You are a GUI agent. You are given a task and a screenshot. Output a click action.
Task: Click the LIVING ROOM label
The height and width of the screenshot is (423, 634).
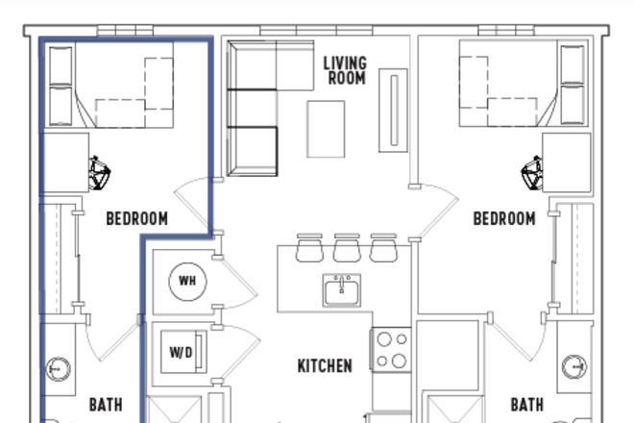[x=344, y=70]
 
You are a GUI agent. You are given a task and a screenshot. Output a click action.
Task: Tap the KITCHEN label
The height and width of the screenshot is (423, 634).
[x=324, y=366]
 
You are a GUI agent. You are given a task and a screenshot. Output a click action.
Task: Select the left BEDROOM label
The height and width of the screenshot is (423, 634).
[x=136, y=219]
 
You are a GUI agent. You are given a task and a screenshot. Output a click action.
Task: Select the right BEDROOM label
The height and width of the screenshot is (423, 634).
[x=503, y=219]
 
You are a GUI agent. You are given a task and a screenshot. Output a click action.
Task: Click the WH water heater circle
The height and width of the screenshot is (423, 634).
[x=186, y=281]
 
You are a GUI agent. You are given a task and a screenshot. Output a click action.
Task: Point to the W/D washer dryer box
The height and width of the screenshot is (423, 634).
[x=181, y=353]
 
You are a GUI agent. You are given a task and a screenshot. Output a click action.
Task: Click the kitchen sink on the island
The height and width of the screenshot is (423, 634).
[x=341, y=288]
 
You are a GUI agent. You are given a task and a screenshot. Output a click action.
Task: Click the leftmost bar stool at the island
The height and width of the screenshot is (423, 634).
[x=309, y=248]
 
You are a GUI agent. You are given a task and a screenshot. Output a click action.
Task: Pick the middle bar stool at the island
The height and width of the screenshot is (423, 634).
[x=346, y=248]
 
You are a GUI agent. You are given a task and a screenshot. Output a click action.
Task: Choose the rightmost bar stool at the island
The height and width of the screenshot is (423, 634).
[x=383, y=248]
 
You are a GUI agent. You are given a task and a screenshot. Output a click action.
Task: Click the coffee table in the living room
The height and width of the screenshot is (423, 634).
[x=326, y=129]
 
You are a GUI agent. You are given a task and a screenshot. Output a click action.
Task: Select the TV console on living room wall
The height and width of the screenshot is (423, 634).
[x=393, y=110]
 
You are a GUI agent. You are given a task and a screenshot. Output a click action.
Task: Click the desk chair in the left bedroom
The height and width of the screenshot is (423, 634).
[x=99, y=173]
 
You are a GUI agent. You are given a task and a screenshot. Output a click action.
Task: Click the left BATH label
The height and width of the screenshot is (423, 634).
[x=106, y=405]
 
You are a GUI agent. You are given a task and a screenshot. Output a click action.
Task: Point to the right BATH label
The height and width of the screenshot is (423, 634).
[x=526, y=405]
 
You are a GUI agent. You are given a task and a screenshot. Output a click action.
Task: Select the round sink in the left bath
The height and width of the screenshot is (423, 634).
[x=59, y=367]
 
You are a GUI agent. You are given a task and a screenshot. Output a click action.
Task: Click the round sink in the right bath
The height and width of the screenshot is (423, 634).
[x=574, y=366]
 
